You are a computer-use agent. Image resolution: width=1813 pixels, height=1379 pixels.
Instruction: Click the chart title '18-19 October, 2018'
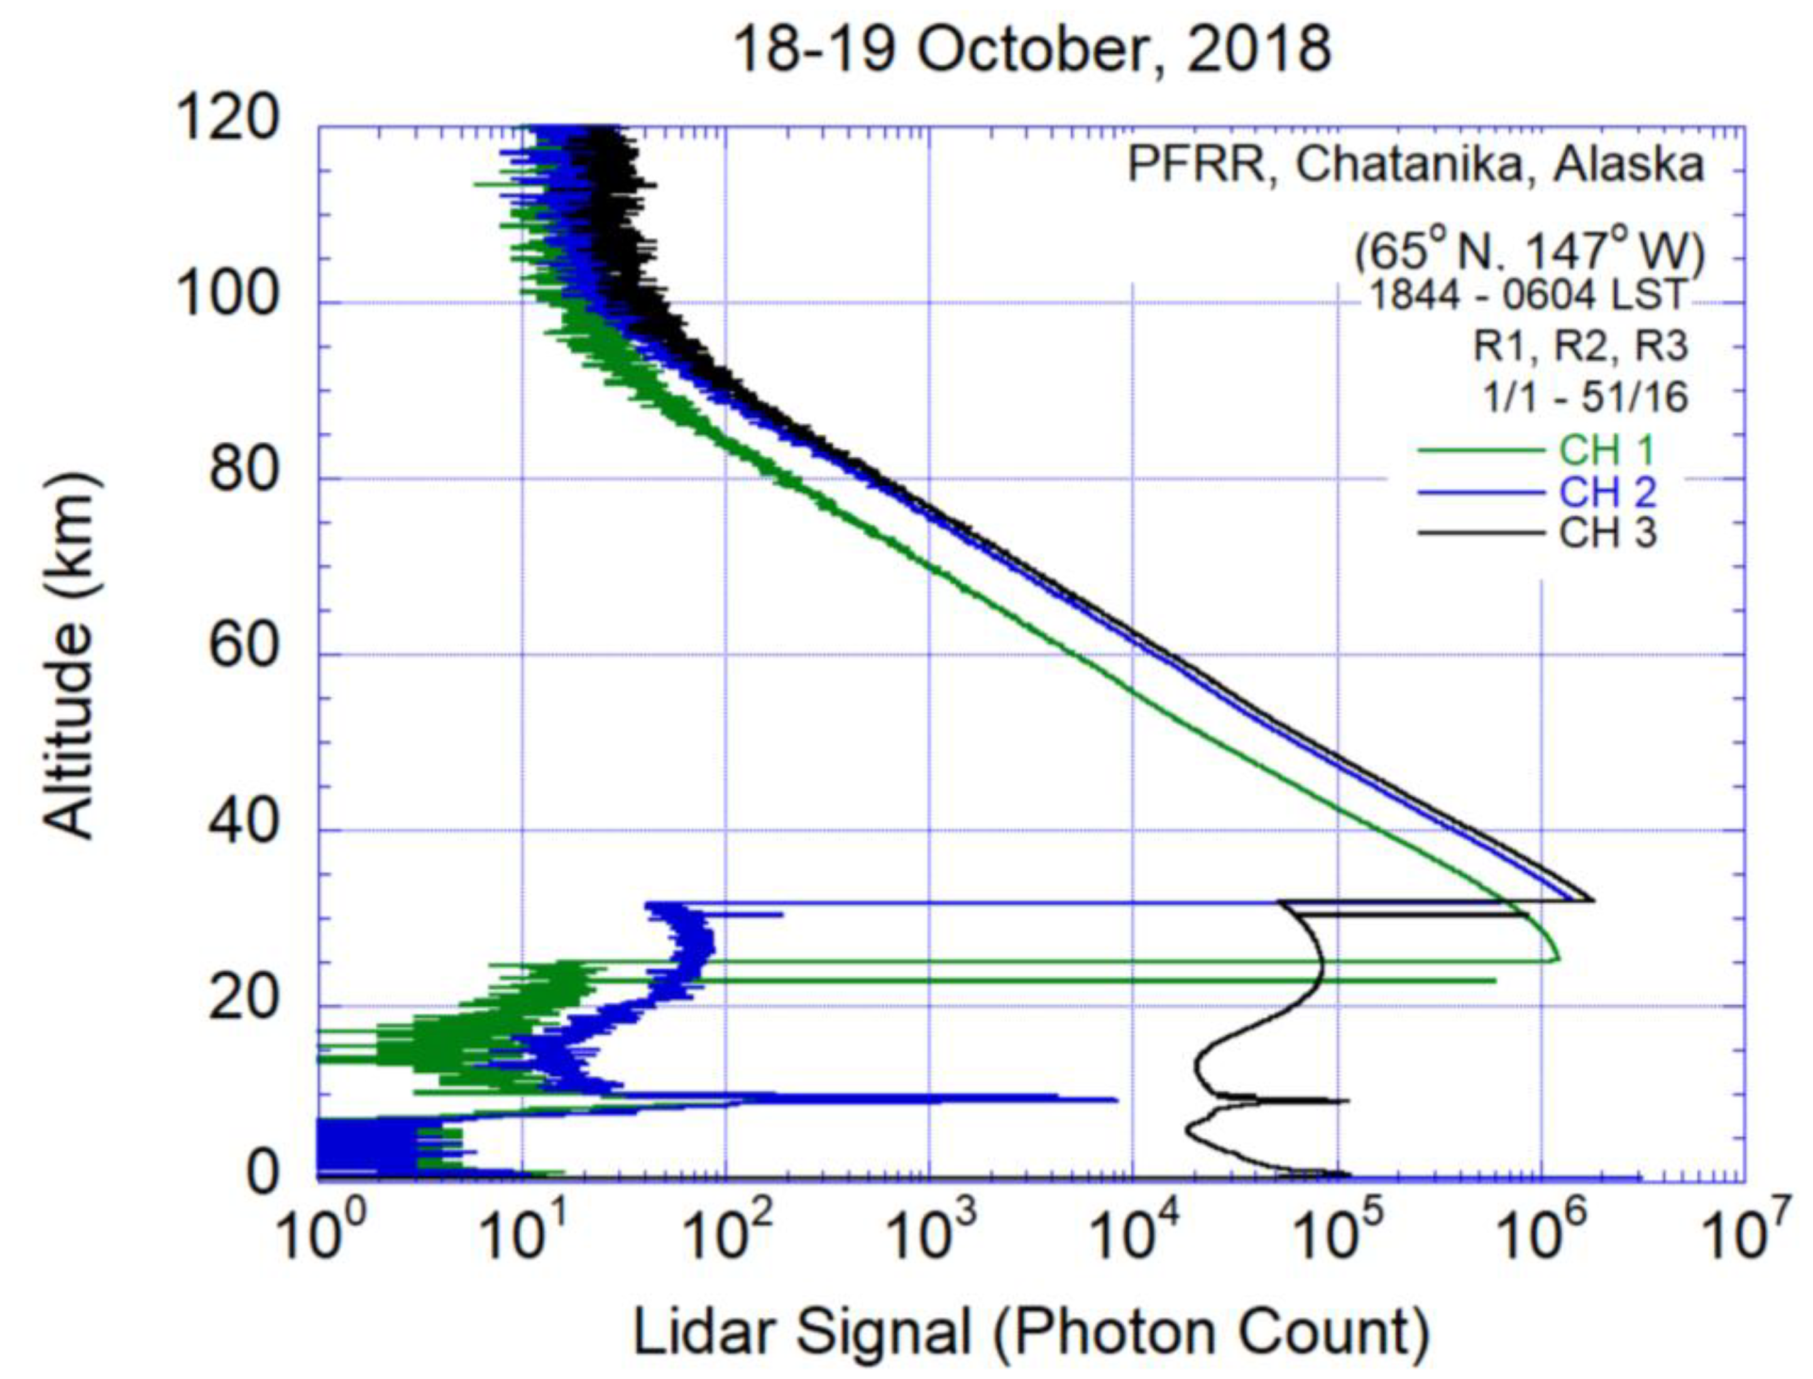coord(1031,51)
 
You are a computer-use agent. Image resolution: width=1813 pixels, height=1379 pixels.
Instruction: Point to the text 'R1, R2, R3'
coord(1580,346)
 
